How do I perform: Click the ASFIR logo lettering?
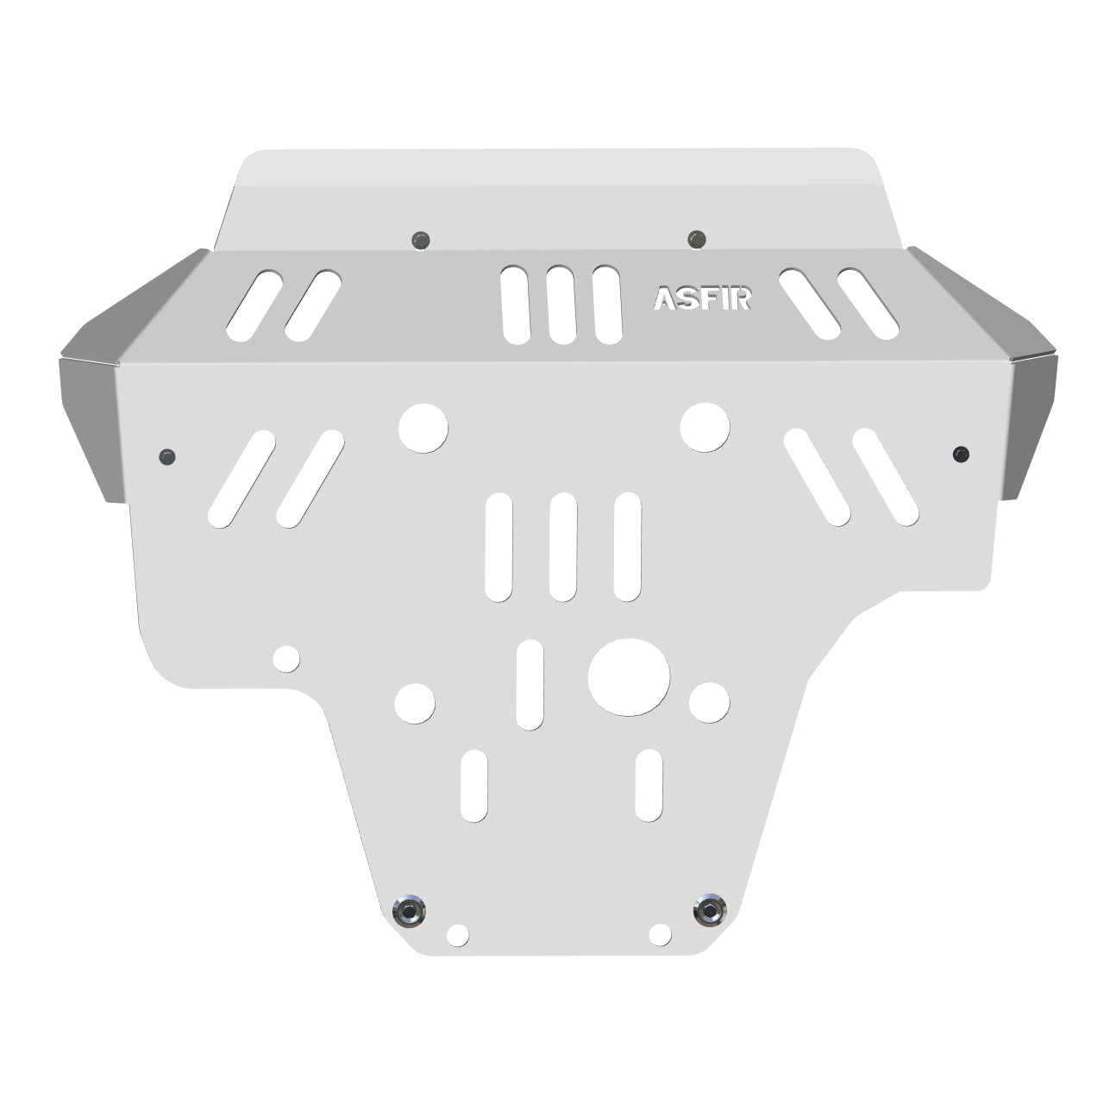pos(702,298)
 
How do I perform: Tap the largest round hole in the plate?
pos(629,677)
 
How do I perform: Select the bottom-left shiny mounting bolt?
pos(408,910)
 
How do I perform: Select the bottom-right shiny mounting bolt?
pos(709,910)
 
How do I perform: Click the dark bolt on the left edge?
pos(167,456)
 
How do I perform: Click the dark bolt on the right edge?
pos(961,454)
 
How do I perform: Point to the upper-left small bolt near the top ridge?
pos(421,240)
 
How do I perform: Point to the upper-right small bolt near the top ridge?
pos(697,237)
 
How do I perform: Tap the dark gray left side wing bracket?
pos(91,423)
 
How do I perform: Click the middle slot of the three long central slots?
pos(562,547)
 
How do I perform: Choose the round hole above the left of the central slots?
pos(423,428)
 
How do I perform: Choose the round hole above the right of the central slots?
pos(705,427)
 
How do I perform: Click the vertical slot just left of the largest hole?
pos(530,685)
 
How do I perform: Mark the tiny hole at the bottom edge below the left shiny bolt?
pos(458,935)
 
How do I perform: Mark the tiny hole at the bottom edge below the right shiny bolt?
pos(660,934)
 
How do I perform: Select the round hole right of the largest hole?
pos(709,702)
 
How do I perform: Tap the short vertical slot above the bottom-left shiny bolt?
pos(474,786)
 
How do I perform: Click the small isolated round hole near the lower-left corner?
pos(286,659)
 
